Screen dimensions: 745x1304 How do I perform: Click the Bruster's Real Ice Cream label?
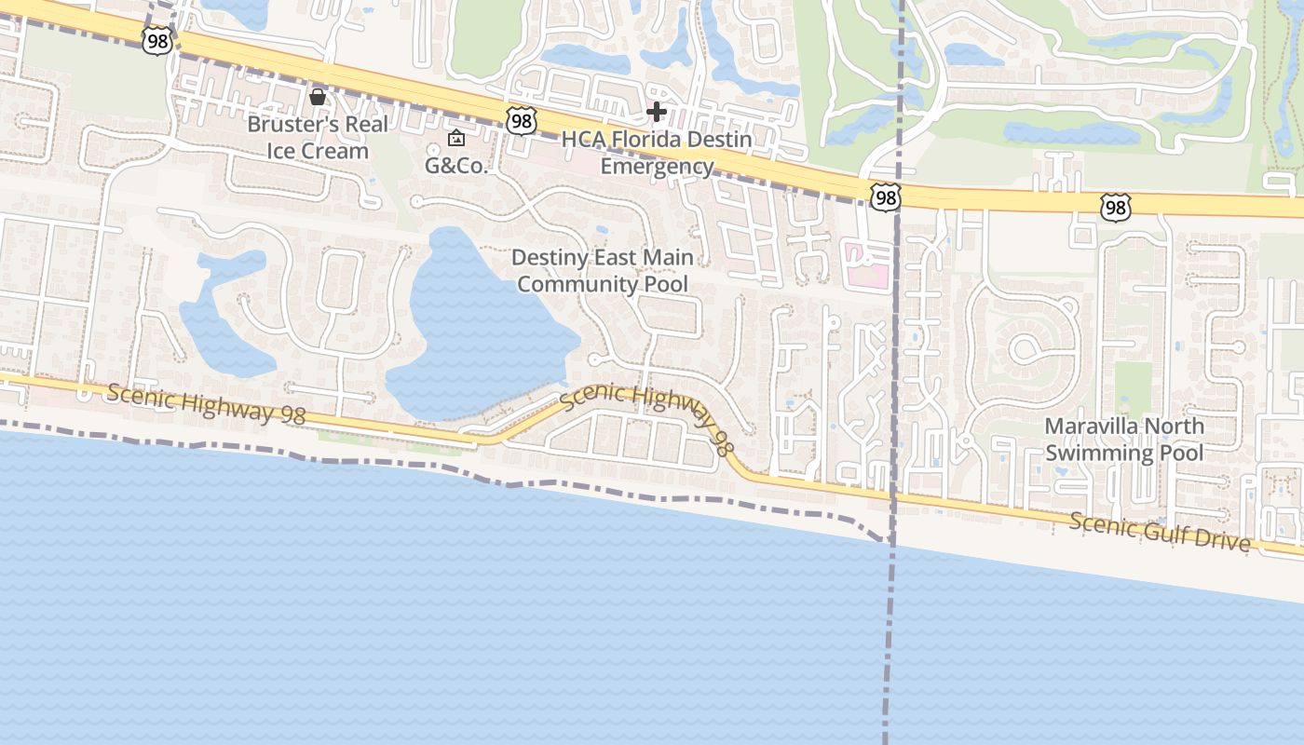(x=317, y=137)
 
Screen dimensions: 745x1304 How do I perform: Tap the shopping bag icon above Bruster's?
(x=318, y=97)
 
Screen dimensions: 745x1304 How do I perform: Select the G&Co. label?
(x=456, y=166)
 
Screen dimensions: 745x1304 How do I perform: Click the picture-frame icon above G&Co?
(x=456, y=139)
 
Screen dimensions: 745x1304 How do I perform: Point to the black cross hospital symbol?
(x=657, y=112)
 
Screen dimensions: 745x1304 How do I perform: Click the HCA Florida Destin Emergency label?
(x=657, y=153)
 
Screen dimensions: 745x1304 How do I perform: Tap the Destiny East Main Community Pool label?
(x=603, y=270)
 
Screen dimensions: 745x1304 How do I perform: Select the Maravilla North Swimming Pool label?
(x=1123, y=440)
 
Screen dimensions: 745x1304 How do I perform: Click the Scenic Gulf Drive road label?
(x=1160, y=531)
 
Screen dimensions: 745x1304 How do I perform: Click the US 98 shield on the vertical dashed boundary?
(x=886, y=196)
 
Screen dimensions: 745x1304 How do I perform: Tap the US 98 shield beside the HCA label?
(x=522, y=120)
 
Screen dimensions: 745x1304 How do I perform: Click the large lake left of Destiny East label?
(x=475, y=326)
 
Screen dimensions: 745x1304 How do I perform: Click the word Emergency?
(x=657, y=167)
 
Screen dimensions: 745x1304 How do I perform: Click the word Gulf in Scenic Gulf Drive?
(x=1161, y=531)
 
